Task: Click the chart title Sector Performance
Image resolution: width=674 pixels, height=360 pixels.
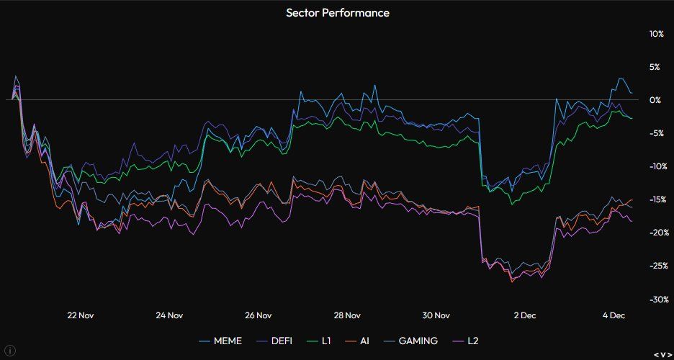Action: click(337, 12)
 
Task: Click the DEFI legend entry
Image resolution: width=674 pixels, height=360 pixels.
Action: click(279, 341)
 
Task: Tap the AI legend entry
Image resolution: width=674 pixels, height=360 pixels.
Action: click(364, 341)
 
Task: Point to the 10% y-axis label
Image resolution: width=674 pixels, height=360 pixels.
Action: click(656, 34)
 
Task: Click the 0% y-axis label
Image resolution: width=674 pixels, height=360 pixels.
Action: click(655, 100)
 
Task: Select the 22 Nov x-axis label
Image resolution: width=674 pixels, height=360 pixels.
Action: click(80, 315)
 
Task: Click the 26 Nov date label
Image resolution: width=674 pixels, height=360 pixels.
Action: click(258, 315)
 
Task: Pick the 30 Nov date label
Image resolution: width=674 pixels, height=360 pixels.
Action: click(436, 315)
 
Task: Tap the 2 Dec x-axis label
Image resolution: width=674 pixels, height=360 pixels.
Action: click(525, 315)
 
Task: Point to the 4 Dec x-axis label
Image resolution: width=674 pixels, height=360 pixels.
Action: click(614, 315)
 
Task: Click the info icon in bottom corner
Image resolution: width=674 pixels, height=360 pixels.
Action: click(10, 351)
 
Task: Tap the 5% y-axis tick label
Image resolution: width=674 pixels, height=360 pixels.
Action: click(656, 67)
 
